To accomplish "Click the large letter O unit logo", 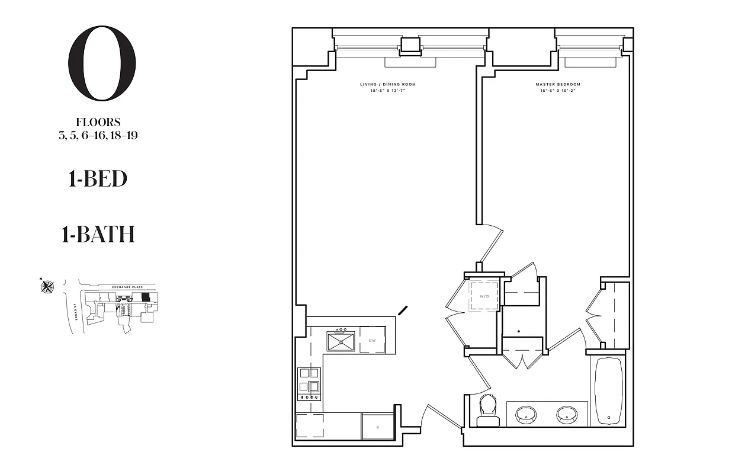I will tap(102, 63).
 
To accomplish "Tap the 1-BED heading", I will tap(98, 179).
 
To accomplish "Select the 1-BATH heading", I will tap(98, 235).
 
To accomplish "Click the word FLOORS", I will tap(98, 123).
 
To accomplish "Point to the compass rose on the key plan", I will tap(47, 287).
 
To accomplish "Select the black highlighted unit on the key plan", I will tap(146, 296).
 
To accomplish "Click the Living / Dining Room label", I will tap(384, 85).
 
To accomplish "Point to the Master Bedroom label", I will tap(558, 85).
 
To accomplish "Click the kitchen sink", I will tap(341, 341).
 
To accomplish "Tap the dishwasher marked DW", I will tap(373, 341).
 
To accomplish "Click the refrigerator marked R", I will tap(377, 427).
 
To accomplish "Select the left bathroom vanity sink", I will tap(525, 415).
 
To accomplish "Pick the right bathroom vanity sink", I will tap(567, 415).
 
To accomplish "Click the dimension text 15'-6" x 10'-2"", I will tap(558, 91).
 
